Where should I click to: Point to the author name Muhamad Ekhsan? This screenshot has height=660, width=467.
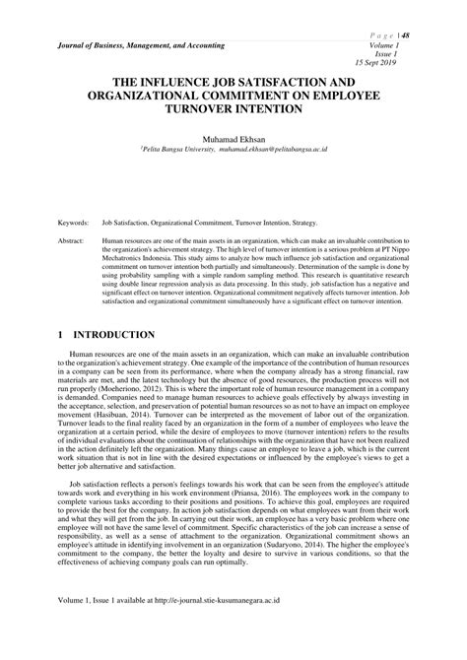coord(233,142)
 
